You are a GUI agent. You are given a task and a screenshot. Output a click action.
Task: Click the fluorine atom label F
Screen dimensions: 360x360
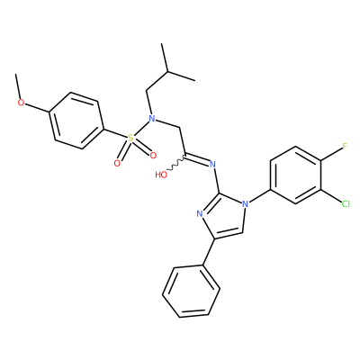click(345, 147)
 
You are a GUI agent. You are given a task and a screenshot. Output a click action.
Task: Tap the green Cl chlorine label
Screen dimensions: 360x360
click(346, 204)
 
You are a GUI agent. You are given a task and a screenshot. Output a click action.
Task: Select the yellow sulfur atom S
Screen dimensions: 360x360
click(130, 139)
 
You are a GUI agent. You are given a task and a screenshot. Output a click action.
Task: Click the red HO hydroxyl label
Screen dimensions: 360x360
click(161, 175)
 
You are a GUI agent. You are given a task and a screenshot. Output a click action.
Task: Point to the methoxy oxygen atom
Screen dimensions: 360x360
click(21, 103)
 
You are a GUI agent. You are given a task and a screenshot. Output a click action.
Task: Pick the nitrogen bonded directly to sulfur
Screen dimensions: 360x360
click(152, 118)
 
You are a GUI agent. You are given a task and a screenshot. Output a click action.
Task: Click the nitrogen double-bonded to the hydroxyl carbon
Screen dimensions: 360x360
click(212, 164)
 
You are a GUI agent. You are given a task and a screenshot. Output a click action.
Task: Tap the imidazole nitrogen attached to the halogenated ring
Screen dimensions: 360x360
click(246, 204)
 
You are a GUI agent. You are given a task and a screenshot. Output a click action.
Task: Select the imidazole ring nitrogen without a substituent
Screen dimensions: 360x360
click(200, 214)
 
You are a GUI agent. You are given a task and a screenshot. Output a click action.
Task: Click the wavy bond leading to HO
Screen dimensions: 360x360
click(176, 164)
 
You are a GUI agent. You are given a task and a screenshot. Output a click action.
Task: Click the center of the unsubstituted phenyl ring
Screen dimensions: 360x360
click(192, 292)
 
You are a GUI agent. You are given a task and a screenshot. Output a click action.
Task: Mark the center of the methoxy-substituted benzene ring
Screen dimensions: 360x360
click(76, 121)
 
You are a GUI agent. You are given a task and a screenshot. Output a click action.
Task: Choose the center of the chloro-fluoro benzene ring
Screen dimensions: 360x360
click(296, 175)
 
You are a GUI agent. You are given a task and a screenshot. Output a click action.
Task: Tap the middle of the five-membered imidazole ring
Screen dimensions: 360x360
click(222, 217)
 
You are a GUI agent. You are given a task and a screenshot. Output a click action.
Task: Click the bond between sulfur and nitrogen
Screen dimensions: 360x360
click(141, 128)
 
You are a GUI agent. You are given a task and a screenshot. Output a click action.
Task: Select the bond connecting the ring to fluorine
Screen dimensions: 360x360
click(331, 154)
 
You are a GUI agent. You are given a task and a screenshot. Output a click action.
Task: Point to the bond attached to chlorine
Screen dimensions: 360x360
click(331, 195)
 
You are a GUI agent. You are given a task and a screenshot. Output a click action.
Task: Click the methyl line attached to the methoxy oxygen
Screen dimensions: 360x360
click(18, 86)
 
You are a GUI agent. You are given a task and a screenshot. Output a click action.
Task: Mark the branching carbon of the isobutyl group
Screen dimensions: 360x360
click(168, 72)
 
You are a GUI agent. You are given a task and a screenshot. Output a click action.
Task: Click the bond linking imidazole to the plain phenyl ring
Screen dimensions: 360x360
click(208, 252)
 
